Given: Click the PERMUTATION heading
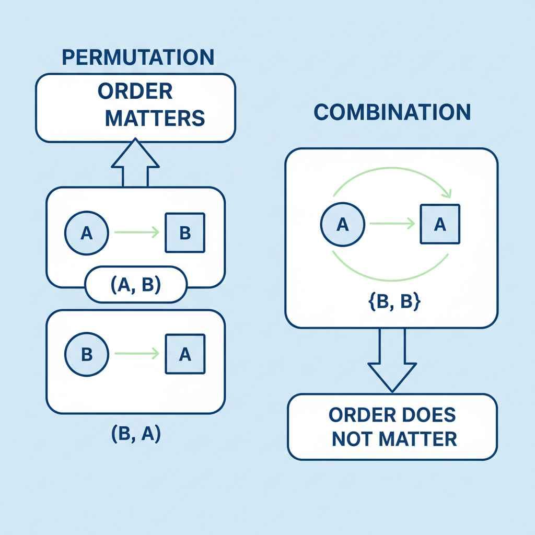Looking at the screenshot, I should tap(137, 57).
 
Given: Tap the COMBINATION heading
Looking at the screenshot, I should tap(392, 112).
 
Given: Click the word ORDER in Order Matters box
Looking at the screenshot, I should tap(135, 91).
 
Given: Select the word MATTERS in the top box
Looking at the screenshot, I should tap(155, 118).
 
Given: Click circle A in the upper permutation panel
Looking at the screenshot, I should tap(86, 233).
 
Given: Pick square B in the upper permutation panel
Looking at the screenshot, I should tap(185, 233).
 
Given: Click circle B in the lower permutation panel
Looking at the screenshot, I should tap(87, 354).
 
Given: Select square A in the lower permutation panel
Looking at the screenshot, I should tap(185, 354).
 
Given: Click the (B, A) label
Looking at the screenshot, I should tap(136, 434).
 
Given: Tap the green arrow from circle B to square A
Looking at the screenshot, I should tap(136, 354).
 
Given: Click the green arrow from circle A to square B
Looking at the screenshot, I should tap(136, 233).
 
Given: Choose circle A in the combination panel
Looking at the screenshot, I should tap(342, 225).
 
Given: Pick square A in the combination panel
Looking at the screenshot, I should tap(440, 225).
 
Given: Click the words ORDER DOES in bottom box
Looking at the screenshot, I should tap(392, 415).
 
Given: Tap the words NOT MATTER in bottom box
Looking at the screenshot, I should tap(394, 439).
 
